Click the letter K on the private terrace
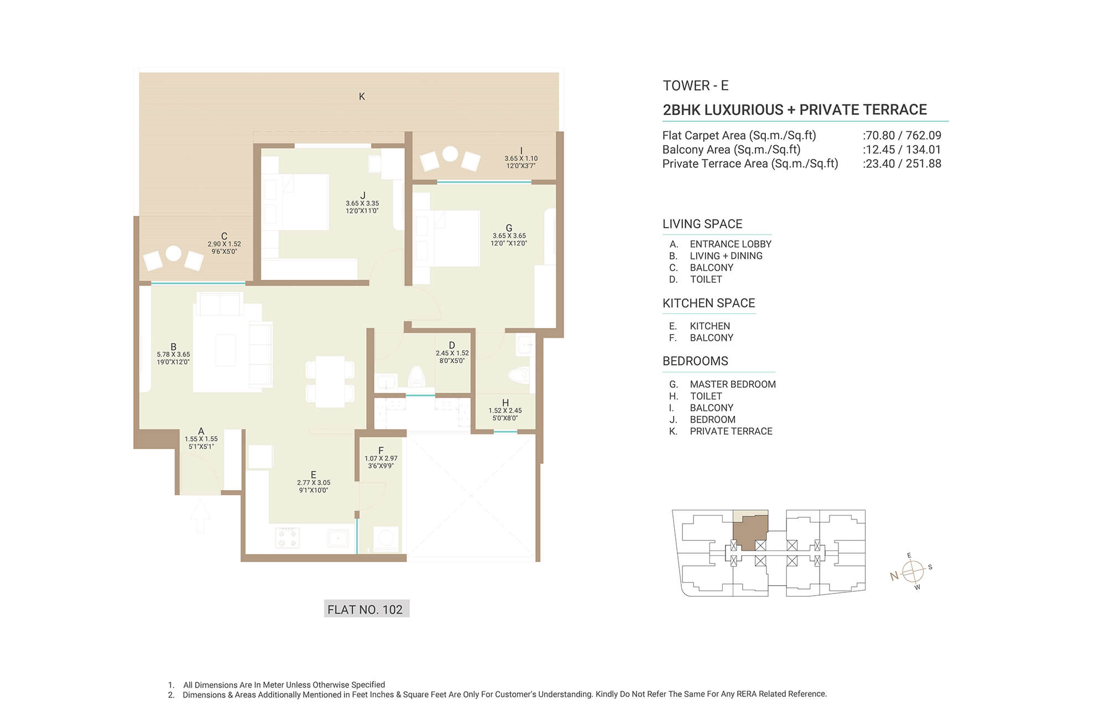(362, 96)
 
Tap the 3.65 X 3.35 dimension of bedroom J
(362, 203)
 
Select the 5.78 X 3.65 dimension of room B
(173, 355)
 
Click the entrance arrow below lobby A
(200, 515)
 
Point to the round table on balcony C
(174, 253)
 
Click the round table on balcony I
(450, 153)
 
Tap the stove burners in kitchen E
(288, 537)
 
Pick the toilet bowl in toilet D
(416, 377)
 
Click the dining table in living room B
(330, 382)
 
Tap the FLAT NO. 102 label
(365, 609)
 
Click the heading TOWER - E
(696, 86)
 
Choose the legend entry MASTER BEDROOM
(733, 384)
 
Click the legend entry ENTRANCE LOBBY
(731, 244)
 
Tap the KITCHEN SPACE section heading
(709, 303)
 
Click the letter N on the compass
(894, 576)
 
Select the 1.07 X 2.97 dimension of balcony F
(380, 459)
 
